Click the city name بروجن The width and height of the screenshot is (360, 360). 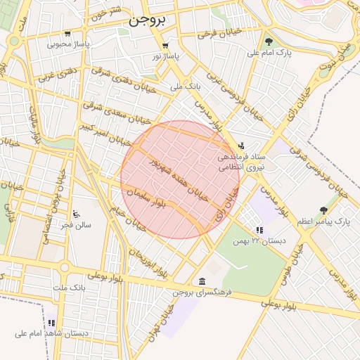pyautogui.click(x=146, y=20)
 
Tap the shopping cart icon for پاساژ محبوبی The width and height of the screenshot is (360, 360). pyautogui.click(x=67, y=33)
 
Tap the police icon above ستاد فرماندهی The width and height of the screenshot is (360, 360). pyautogui.click(x=242, y=145)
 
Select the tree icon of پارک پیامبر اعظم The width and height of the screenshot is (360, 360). pyautogui.click(x=323, y=210)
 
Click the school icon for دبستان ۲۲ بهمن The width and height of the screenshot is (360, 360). pyautogui.click(x=259, y=230)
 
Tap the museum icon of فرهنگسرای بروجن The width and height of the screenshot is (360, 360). pyautogui.click(x=202, y=281)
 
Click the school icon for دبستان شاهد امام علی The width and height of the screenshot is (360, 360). pyautogui.click(x=51, y=323)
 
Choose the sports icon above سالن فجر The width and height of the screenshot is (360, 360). pyautogui.click(x=76, y=213)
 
